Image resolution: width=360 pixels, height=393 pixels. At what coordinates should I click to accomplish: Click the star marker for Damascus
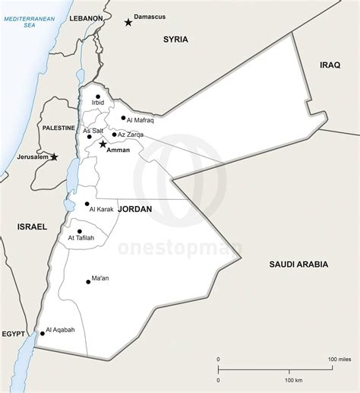point(128,24)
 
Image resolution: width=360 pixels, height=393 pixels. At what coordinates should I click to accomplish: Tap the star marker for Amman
point(103,144)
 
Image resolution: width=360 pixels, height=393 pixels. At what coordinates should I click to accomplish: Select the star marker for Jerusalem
point(54,157)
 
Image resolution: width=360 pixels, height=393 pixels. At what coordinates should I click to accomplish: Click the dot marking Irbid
point(97,97)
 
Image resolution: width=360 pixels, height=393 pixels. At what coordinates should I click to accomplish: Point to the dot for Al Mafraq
point(122,118)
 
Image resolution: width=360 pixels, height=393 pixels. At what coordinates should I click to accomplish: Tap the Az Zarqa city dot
point(114,135)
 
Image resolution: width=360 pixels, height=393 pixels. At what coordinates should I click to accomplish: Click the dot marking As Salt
point(89,138)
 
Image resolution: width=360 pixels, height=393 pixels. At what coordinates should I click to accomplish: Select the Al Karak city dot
point(87,204)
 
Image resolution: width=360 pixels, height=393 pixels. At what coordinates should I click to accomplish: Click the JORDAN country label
point(134,209)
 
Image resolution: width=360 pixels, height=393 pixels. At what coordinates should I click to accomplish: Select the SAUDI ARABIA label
point(298,264)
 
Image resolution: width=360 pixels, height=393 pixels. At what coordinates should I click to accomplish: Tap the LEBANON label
point(86,17)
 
